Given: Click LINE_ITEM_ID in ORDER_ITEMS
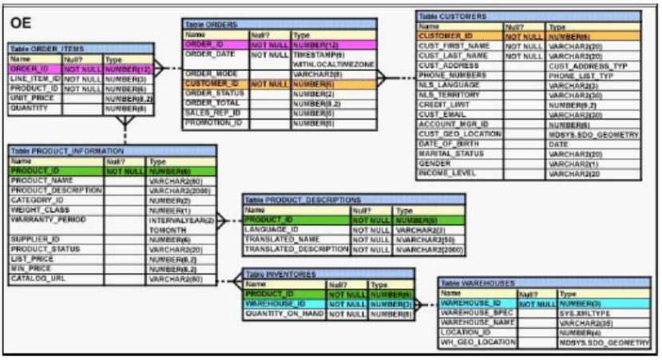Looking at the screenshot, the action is pyautogui.click(x=34, y=78).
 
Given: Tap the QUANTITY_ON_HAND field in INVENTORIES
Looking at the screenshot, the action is pyautogui.click(x=283, y=313).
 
